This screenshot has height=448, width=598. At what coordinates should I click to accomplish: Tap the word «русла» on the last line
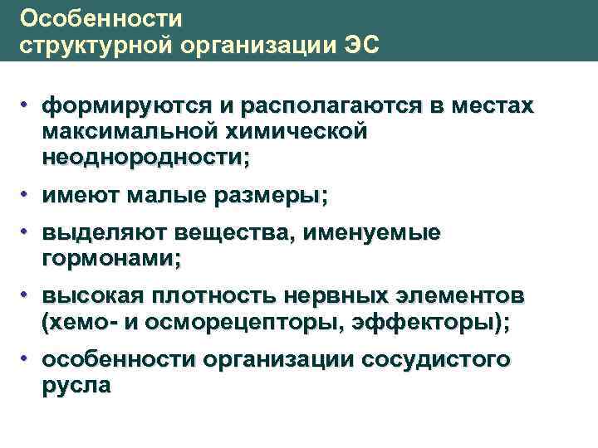point(76,386)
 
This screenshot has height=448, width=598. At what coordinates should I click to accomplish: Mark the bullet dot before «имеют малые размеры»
point(27,193)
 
